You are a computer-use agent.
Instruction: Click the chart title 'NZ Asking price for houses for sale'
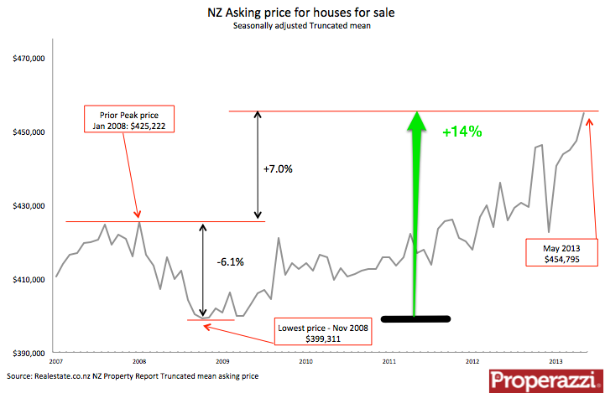[302, 13]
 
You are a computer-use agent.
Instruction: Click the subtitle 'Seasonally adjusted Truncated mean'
[302, 27]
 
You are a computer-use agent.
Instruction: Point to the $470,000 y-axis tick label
[29, 59]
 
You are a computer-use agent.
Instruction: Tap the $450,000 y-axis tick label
[29, 132]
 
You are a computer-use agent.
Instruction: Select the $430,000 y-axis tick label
[29, 206]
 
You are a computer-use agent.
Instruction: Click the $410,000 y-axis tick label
[29, 279]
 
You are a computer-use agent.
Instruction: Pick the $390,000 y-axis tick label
[29, 353]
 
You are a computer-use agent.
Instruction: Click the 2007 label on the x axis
[56, 361]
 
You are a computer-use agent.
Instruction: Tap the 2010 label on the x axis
[305, 361]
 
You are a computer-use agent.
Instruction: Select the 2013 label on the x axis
[555, 361]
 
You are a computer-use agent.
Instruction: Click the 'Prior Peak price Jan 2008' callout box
[132, 120]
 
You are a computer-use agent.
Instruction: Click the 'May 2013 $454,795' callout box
[561, 252]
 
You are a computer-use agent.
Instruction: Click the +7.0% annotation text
[278, 168]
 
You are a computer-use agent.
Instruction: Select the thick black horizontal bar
[415, 318]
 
